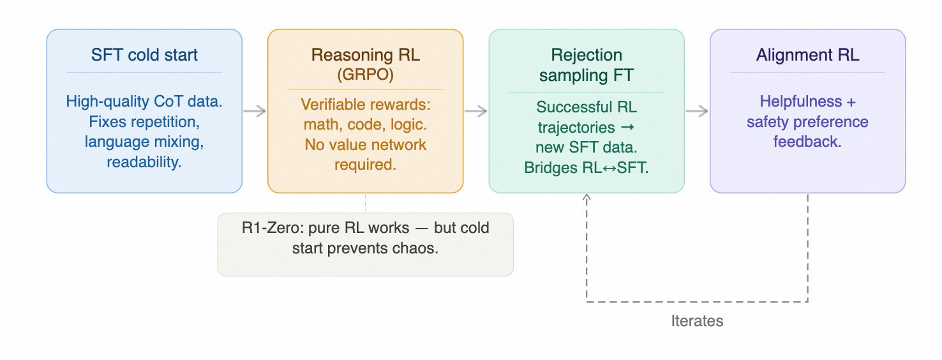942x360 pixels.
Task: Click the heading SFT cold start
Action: tap(144, 55)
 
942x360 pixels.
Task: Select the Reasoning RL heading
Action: tap(365, 54)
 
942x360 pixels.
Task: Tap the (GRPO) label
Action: tap(365, 75)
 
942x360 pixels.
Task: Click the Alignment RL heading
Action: tap(807, 55)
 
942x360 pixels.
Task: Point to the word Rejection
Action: tap(587, 55)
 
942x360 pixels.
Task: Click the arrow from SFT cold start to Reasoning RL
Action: tap(255, 111)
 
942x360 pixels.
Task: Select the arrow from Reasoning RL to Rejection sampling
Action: tap(476, 111)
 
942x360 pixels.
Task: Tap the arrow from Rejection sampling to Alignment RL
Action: tap(697, 111)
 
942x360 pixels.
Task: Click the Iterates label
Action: tap(697, 321)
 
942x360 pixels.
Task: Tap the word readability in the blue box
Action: tap(144, 162)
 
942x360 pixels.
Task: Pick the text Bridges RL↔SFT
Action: tap(587, 167)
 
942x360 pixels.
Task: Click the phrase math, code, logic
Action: tap(365, 124)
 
